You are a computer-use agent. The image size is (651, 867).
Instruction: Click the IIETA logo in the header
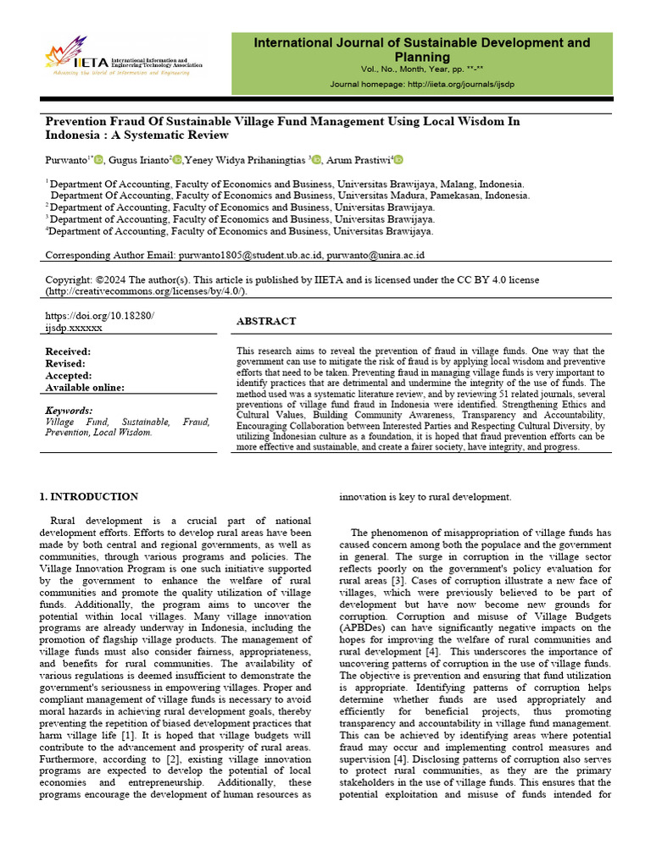click(x=124, y=57)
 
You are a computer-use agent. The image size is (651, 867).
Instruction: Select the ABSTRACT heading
click(x=265, y=322)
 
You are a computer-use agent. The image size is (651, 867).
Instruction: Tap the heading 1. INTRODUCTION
click(x=89, y=497)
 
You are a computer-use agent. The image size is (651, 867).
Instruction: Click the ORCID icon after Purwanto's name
click(x=99, y=160)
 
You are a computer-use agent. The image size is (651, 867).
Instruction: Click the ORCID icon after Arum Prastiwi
click(x=398, y=160)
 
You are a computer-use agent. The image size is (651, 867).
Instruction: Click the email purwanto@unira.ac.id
click(x=376, y=254)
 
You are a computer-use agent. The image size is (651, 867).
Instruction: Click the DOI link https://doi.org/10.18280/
click(x=99, y=315)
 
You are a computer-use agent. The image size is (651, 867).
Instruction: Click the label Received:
click(x=68, y=351)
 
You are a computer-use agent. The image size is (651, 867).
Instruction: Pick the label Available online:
click(x=85, y=388)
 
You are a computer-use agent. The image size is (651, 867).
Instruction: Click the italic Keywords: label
click(x=69, y=411)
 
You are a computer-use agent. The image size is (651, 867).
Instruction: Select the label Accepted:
click(x=68, y=376)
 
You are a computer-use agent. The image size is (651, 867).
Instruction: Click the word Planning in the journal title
click(x=422, y=57)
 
